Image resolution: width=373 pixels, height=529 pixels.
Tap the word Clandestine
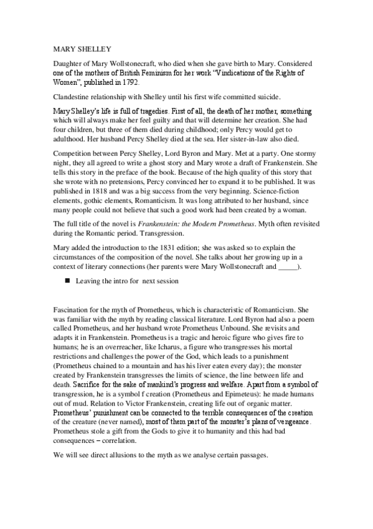pyautogui.click(x=70, y=96)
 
